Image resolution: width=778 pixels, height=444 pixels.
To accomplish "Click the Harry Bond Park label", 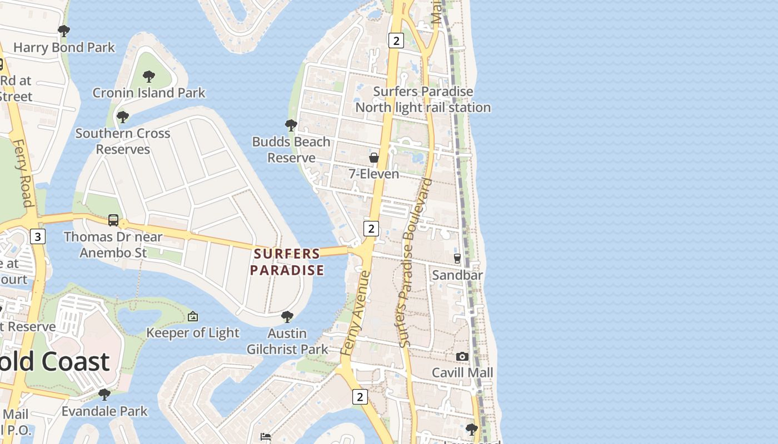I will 64,47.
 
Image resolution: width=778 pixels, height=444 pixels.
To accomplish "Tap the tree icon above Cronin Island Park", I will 148,77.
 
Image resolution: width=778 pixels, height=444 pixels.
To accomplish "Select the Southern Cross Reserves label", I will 123,141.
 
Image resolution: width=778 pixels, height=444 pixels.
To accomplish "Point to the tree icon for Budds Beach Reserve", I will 291,125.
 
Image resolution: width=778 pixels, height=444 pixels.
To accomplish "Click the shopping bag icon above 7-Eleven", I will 375,158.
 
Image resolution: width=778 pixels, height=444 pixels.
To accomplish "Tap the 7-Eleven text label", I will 374,174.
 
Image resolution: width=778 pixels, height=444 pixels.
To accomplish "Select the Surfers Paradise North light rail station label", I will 423,99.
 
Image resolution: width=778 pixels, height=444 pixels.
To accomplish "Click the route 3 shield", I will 37,237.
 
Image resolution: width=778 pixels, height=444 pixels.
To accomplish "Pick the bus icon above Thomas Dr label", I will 113,220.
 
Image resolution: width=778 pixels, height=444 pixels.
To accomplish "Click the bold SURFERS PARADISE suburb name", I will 287,262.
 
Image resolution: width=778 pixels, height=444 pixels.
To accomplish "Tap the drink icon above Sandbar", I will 457,258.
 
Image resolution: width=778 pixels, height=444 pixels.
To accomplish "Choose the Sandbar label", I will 457,275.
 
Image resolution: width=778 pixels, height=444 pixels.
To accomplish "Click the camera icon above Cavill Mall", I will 462,356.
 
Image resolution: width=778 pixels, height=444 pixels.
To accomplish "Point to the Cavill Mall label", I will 462,372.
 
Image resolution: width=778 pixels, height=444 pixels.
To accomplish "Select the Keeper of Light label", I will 193,332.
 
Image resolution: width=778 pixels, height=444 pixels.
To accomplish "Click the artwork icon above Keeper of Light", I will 193,316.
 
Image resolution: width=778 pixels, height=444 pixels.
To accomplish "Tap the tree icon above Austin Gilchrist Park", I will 287,317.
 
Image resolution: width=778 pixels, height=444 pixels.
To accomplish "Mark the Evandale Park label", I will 104,411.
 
